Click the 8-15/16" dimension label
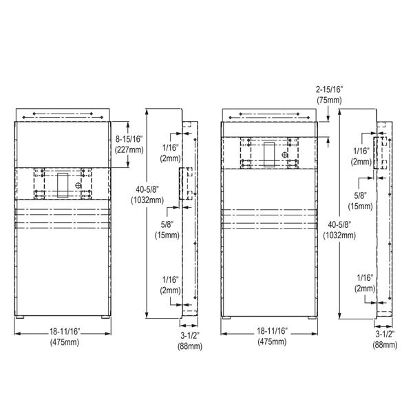pos(129,139)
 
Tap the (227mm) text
pos(129,150)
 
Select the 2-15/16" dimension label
pos(330,89)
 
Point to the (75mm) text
pos(329,100)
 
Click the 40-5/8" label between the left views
pos(147,189)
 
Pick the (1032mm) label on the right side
pos(339,235)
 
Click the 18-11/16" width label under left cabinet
pos(65,331)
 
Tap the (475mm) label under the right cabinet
pos(272,342)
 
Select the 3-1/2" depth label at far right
pos(385,335)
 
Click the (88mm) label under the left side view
pos(190,346)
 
